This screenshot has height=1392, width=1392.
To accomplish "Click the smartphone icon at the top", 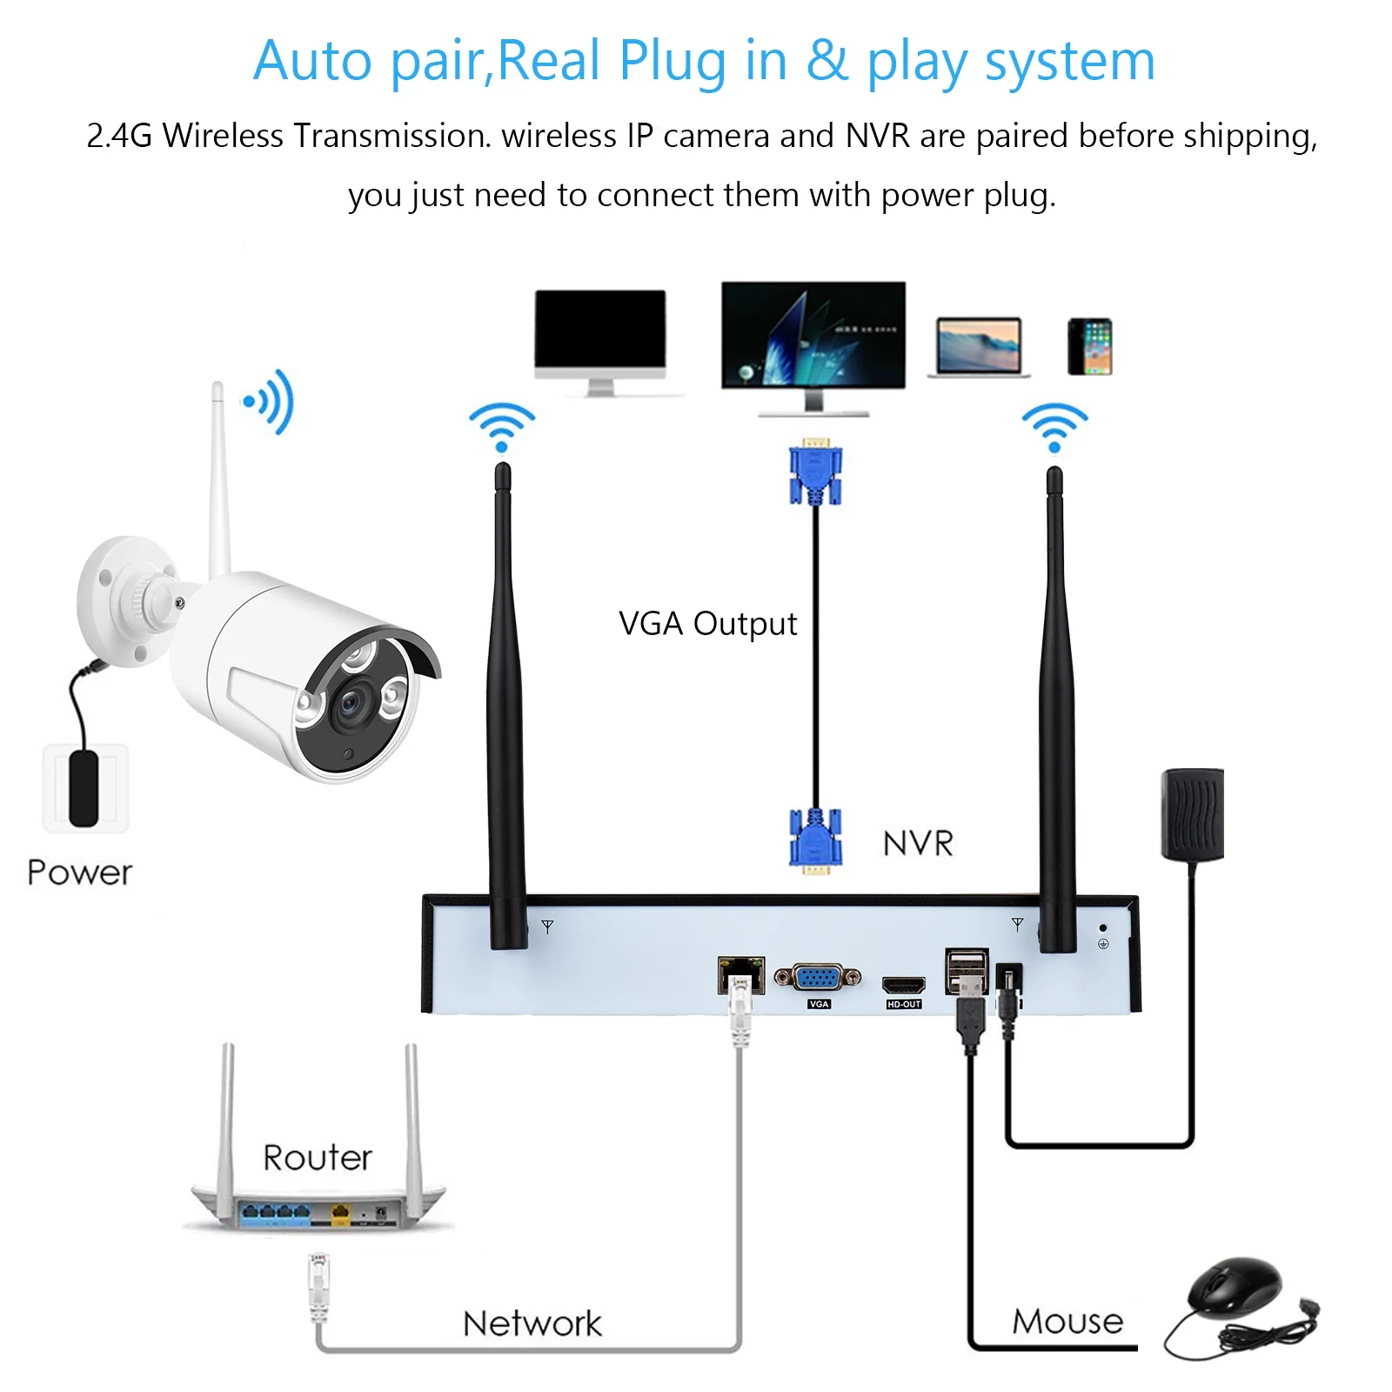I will click(1089, 346).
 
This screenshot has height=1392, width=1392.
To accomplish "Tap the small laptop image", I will click(979, 347).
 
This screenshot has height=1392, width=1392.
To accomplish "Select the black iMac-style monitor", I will click(599, 334).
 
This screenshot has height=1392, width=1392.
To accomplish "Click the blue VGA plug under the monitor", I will click(814, 474).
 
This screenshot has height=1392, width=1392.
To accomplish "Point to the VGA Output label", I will click(707, 624).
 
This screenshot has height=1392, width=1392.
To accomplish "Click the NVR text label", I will click(918, 843).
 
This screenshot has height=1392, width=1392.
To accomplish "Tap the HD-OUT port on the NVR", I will click(903, 986).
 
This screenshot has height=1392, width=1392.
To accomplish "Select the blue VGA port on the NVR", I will click(817, 977).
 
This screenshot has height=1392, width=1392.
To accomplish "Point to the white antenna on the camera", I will click(218, 478).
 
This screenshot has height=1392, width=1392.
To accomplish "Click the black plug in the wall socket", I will click(84, 789).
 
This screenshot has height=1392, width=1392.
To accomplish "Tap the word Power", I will click(80, 873).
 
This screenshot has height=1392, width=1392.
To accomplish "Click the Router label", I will click(317, 1158).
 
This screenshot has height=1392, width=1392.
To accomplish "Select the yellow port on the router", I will click(341, 1212).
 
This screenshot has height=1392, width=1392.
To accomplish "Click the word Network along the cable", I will click(532, 1323).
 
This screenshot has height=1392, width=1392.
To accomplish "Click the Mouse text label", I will click(1067, 1321).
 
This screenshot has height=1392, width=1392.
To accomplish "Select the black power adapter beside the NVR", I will click(1192, 813).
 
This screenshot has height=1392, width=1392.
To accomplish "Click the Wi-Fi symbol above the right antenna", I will click(1054, 427).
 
